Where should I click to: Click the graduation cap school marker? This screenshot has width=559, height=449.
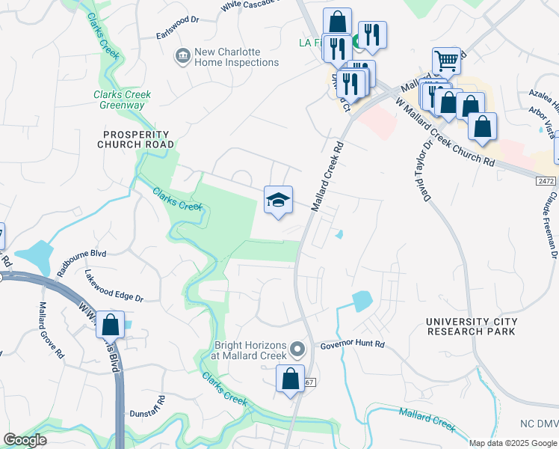pos(278,200)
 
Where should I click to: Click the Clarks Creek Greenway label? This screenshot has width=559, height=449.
pos(122,100)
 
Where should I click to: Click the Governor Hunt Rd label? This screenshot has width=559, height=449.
pos(352,345)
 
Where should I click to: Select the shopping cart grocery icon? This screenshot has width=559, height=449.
pos(446,60)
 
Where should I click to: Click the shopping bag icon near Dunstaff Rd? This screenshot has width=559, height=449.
pos(110,326)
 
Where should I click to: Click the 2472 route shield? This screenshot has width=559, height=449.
pos(547,181)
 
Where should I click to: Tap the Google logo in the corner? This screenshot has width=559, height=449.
pos(25,440)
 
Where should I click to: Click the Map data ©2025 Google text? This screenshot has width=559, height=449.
pos(513,443)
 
